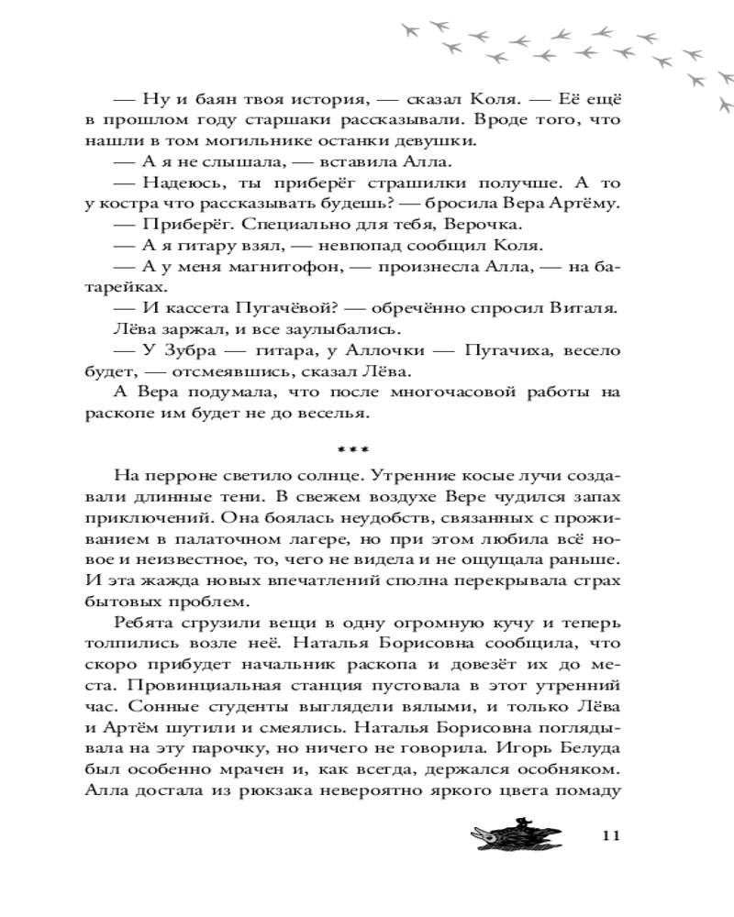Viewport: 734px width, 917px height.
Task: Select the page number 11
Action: click(x=613, y=835)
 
